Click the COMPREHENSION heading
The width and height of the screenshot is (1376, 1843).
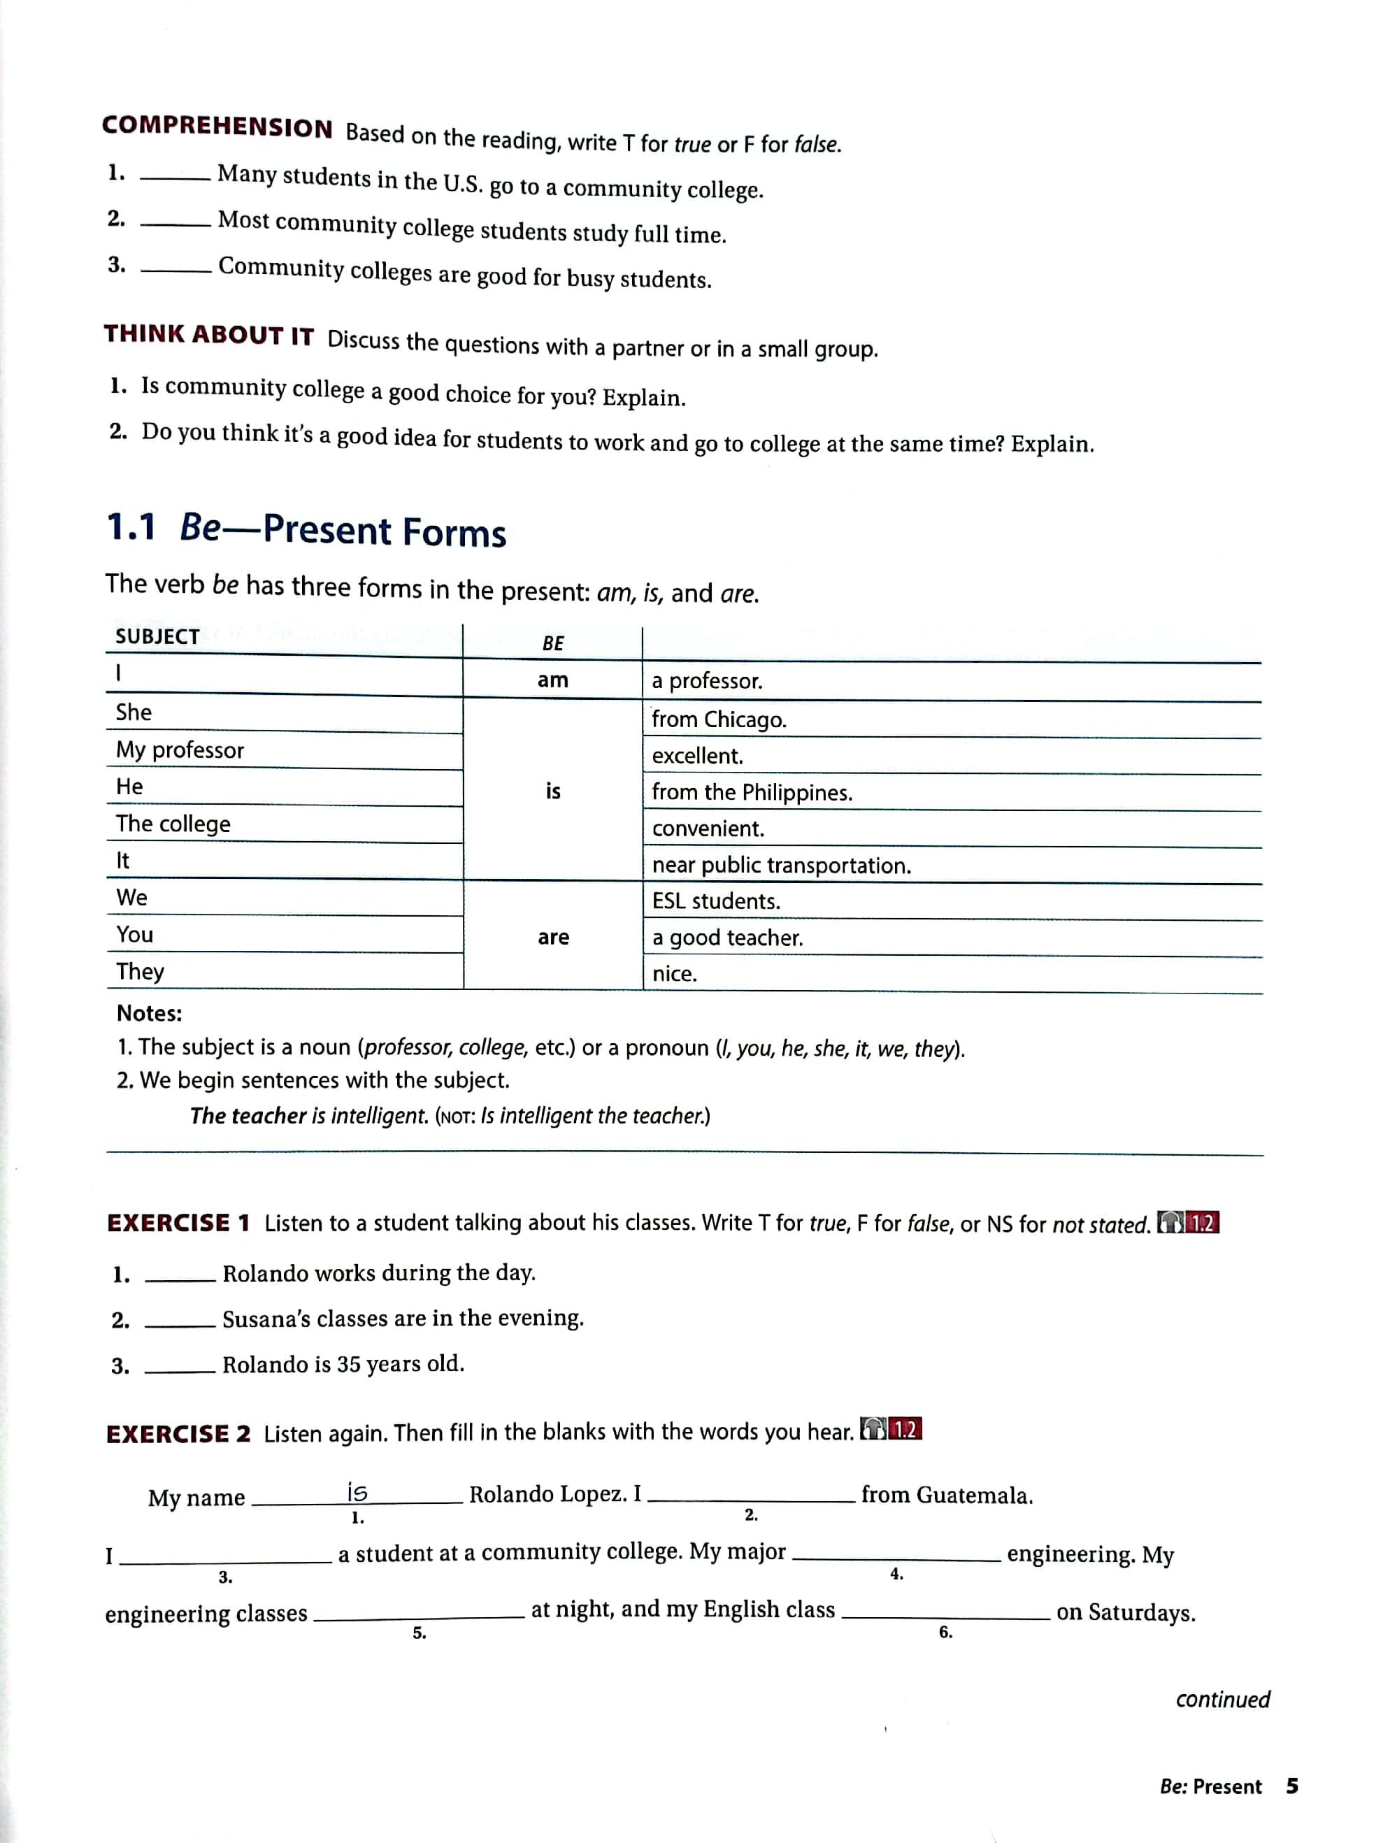click(217, 127)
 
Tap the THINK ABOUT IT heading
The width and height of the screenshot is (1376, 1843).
click(208, 335)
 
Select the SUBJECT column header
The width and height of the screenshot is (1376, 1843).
click(157, 637)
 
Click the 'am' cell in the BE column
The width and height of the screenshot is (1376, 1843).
click(552, 680)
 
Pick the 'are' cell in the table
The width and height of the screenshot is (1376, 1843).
click(553, 937)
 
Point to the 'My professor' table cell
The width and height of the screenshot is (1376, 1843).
click(180, 750)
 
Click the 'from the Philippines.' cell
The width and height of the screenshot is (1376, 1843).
click(752, 792)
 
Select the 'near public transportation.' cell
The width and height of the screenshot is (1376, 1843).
click(781, 866)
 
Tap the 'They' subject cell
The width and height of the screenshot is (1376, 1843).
click(140, 971)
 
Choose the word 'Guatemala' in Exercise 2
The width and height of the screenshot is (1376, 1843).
click(973, 1496)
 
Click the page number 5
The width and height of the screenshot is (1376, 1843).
click(1292, 1786)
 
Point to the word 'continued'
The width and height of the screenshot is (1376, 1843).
click(1222, 1699)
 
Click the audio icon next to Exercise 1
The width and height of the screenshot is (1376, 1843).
click(1170, 1223)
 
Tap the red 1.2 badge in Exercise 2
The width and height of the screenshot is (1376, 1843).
click(905, 1430)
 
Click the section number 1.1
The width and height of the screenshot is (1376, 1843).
click(131, 527)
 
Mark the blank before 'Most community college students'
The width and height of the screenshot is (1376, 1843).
click(175, 223)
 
